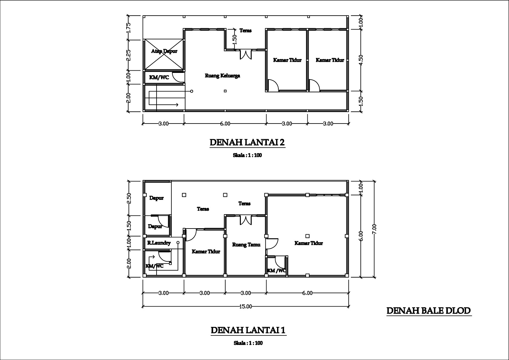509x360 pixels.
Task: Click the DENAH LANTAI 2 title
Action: pyautogui.click(x=247, y=143)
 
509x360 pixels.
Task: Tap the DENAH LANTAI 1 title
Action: pyautogui.click(x=248, y=330)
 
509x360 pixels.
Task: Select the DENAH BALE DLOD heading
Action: pyautogui.click(x=429, y=311)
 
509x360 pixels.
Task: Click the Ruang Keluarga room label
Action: pyautogui.click(x=222, y=75)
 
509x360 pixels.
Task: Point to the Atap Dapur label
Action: pyautogui.click(x=164, y=51)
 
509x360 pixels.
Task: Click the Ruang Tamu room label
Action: pyautogui.click(x=246, y=245)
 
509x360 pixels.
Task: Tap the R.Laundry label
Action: pyautogui.click(x=159, y=243)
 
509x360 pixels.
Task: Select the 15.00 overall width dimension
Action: pyautogui.click(x=246, y=307)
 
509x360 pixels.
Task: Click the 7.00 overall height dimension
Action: pyautogui.click(x=374, y=229)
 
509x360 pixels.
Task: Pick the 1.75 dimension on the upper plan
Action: pyautogui.click(x=129, y=28)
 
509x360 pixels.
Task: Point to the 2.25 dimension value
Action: pyautogui.click(x=129, y=55)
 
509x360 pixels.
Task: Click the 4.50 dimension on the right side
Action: pyautogui.click(x=361, y=60)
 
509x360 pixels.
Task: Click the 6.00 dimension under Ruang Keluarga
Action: pyautogui.click(x=225, y=124)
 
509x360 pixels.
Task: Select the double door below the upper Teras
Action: pyautogui.click(x=246, y=54)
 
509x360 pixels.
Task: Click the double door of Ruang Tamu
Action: pyautogui.click(x=246, y=220)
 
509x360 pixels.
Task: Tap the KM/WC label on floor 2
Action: pyautogui.click(x=159, y=78)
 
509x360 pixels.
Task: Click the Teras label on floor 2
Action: pyautogui.click(x=245, y=31)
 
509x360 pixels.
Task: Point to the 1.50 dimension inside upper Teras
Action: pyautogui.click(x=235, y=39)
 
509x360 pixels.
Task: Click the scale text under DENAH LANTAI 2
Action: pyautogui.click(x=247, y=155)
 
